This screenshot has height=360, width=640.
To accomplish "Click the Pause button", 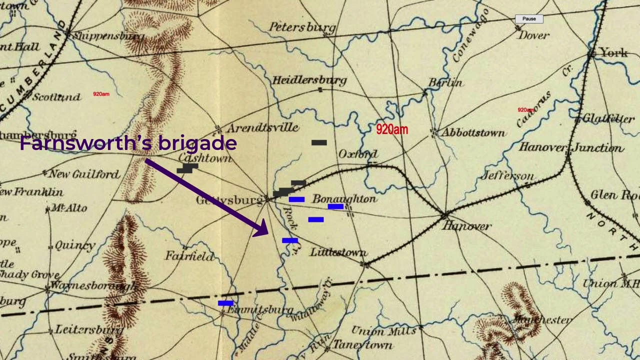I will pyautogui.click(x=529, y=19).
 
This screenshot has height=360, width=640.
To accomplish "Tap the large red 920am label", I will pyautogui.click(x=392, y=129).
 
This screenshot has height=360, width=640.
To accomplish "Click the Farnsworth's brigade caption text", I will pyautogui.click(x=128, y=144).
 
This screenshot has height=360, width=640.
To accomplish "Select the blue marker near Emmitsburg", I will pyautogui.click(x=225, y=303).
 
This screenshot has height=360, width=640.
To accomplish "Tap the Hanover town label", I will pyautogui.click(x=466, y=226).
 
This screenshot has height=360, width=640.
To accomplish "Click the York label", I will pyautogui.click(x=613, y=52).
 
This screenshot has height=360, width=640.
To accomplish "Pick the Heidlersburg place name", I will pyautogui.click(x=309, y=80).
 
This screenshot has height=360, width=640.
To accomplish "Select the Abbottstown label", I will pyautogui.click(x=472, y=133).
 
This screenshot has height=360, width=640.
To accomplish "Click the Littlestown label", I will pyautogui.click(x=338, y=252).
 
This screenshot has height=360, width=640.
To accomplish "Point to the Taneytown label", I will pyautogui.click(x=362, y=345).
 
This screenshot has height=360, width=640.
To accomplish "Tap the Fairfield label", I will pyautogui.click(x=189, y=256).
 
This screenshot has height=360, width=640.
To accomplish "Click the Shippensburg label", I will pyautogui.click(x=108, y=36).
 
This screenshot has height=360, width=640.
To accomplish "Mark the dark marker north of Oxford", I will pyautogui.click(x=319, y=142).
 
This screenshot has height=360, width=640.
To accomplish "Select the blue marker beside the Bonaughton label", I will pyautogui.click(x=335, y=206).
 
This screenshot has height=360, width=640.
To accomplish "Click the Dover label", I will pyautogui.click(x=533, y=35).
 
